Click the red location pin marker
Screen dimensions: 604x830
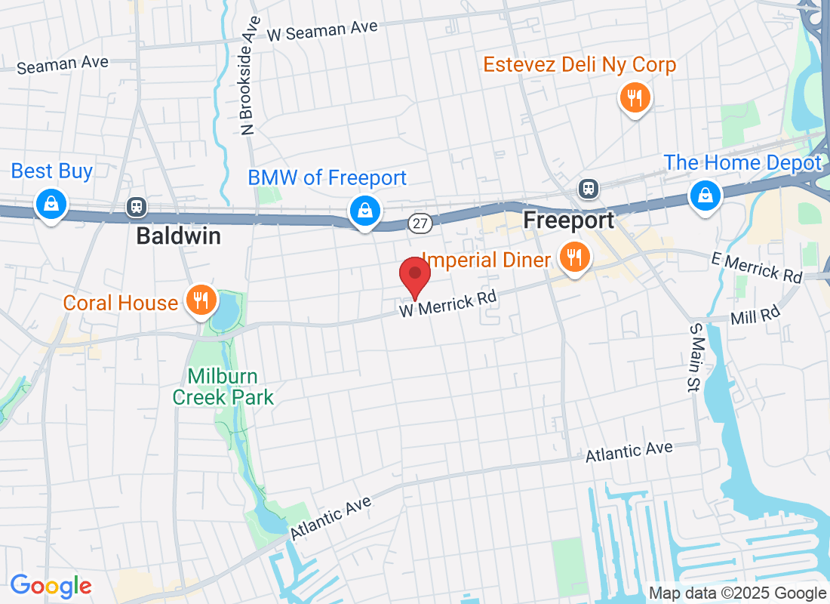coord(414,276)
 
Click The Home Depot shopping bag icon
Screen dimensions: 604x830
coord(705,196)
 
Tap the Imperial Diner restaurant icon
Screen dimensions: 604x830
coord(575,257)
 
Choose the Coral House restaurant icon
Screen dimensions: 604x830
coord(200,300)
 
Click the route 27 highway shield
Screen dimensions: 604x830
coord(420,223)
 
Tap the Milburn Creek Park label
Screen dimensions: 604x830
coord(223,387)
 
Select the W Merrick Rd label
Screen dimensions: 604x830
coord(448,304)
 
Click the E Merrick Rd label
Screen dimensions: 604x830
coord(757,268)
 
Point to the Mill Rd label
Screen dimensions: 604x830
coord(755,315)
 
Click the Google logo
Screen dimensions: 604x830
coord(51,585)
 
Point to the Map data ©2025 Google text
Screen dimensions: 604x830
coord(737,593)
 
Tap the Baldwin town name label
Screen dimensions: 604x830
coord(178,236)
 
